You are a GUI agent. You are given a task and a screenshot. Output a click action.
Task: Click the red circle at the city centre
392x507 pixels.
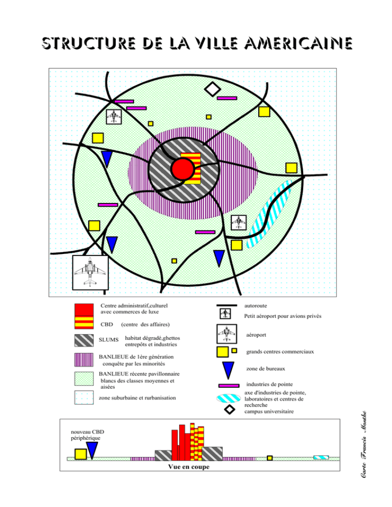click(x=183, y=169)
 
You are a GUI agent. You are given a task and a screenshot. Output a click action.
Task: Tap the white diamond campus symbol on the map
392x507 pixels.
click(x=212, y=89)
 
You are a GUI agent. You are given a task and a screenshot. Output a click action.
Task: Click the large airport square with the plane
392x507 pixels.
click(x=90, y=272)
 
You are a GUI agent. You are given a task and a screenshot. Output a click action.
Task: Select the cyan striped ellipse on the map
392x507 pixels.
click(x=268, y=214)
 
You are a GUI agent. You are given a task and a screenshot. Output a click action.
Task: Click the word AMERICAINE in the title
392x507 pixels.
click(x=298, y=43)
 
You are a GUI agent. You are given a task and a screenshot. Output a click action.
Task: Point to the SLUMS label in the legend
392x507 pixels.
click(x=108, y=340)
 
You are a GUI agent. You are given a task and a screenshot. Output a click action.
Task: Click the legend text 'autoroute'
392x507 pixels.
click(x=256, y=306)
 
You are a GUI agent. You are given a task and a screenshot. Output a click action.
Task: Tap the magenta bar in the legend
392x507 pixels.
click(x=229, y=386)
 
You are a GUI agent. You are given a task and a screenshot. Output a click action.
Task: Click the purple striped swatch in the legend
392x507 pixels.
click(x=84, y=360)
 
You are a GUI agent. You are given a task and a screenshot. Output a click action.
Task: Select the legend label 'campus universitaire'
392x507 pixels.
click(x=269, y=412)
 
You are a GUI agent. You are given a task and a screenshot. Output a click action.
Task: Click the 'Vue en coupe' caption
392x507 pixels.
click(x=189, y=467)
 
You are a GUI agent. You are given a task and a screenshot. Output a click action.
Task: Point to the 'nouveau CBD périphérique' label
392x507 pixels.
click(x=87, y=435)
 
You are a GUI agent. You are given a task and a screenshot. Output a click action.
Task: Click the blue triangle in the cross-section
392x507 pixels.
click(x=92, y=450)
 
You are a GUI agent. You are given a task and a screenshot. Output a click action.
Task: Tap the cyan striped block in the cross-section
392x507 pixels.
click(x=321, y=458)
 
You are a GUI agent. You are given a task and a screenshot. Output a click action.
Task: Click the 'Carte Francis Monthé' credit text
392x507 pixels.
click(x=363, y=444)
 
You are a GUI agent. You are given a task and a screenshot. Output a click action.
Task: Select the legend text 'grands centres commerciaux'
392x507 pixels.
click(x=280, y=352)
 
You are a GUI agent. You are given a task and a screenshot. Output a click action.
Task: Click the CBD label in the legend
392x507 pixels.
click(x=107, y=324)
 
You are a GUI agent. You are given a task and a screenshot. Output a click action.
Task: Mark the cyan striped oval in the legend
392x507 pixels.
click(x=229, y=398)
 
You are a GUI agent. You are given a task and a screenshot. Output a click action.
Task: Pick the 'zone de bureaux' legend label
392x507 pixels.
click(x=265, y=369)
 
